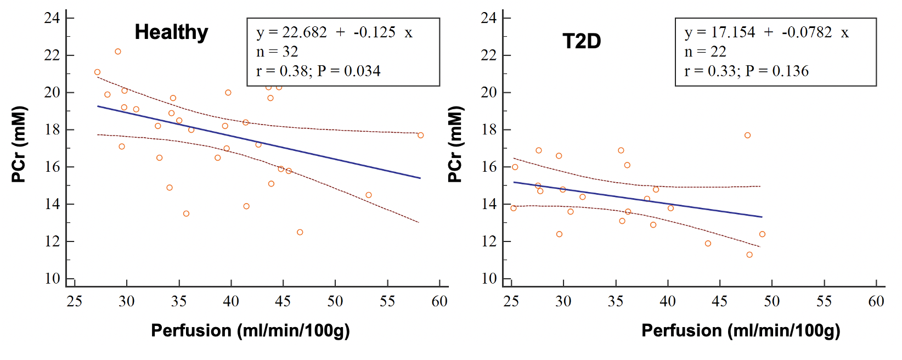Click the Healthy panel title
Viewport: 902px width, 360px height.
tap(171, 32)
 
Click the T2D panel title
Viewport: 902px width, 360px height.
tap(582, 41)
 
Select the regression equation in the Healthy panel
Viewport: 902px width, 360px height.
tap(334, 32)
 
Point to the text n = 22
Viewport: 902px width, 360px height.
tap(705, 52)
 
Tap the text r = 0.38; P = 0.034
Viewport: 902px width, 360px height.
tap(318, 71)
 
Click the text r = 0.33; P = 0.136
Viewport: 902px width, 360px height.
tap(746, 71)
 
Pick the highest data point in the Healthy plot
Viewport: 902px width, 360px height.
tap(118, 52)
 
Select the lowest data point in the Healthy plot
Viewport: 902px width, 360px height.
tap(300, 232)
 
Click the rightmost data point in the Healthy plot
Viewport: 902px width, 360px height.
tap(421, 135)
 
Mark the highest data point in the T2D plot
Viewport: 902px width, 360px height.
tap(747, 135)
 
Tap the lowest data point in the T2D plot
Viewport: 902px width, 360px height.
tap(749, 255)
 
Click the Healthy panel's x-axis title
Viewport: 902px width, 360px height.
tap(250, 330)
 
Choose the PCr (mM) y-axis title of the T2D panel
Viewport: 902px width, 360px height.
tap(455, 144)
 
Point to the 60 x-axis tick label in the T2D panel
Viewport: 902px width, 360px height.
tap(876, 301)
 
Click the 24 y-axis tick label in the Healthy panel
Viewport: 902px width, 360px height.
tap(52, 18)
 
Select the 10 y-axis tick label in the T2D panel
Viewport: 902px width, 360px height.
tap(489, 279)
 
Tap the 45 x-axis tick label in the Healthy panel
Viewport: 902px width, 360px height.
tap(283, 301)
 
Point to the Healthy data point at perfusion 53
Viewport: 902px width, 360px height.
tap(369, 195)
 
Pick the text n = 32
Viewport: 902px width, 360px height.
tap(277, 52)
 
